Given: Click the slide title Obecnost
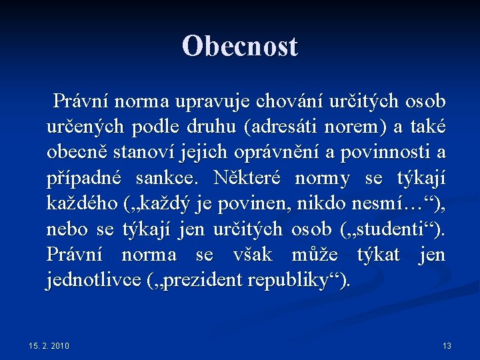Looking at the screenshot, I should point(240,46).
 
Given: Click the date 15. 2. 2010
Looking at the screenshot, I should point(49,345).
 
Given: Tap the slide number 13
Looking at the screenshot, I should point(447,345).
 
